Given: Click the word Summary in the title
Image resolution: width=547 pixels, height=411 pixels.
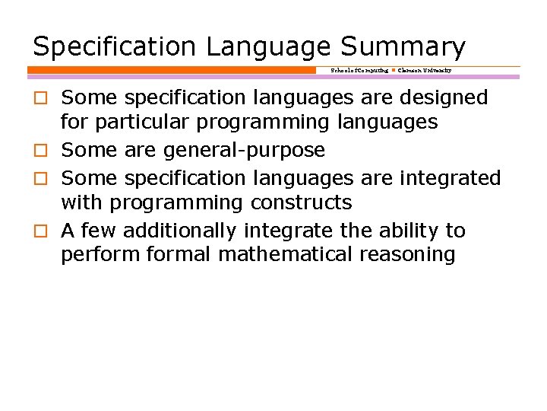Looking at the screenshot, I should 403,47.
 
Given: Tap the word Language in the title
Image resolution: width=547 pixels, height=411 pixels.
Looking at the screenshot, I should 268,47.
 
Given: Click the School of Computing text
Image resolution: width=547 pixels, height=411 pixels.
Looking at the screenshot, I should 359,70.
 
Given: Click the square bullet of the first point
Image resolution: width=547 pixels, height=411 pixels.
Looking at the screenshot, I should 39,98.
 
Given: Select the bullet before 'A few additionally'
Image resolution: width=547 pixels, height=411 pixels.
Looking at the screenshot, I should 39,231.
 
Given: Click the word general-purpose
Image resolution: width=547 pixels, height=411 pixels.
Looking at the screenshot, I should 244,151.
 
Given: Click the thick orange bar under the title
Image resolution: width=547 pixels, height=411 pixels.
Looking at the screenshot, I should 171,70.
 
